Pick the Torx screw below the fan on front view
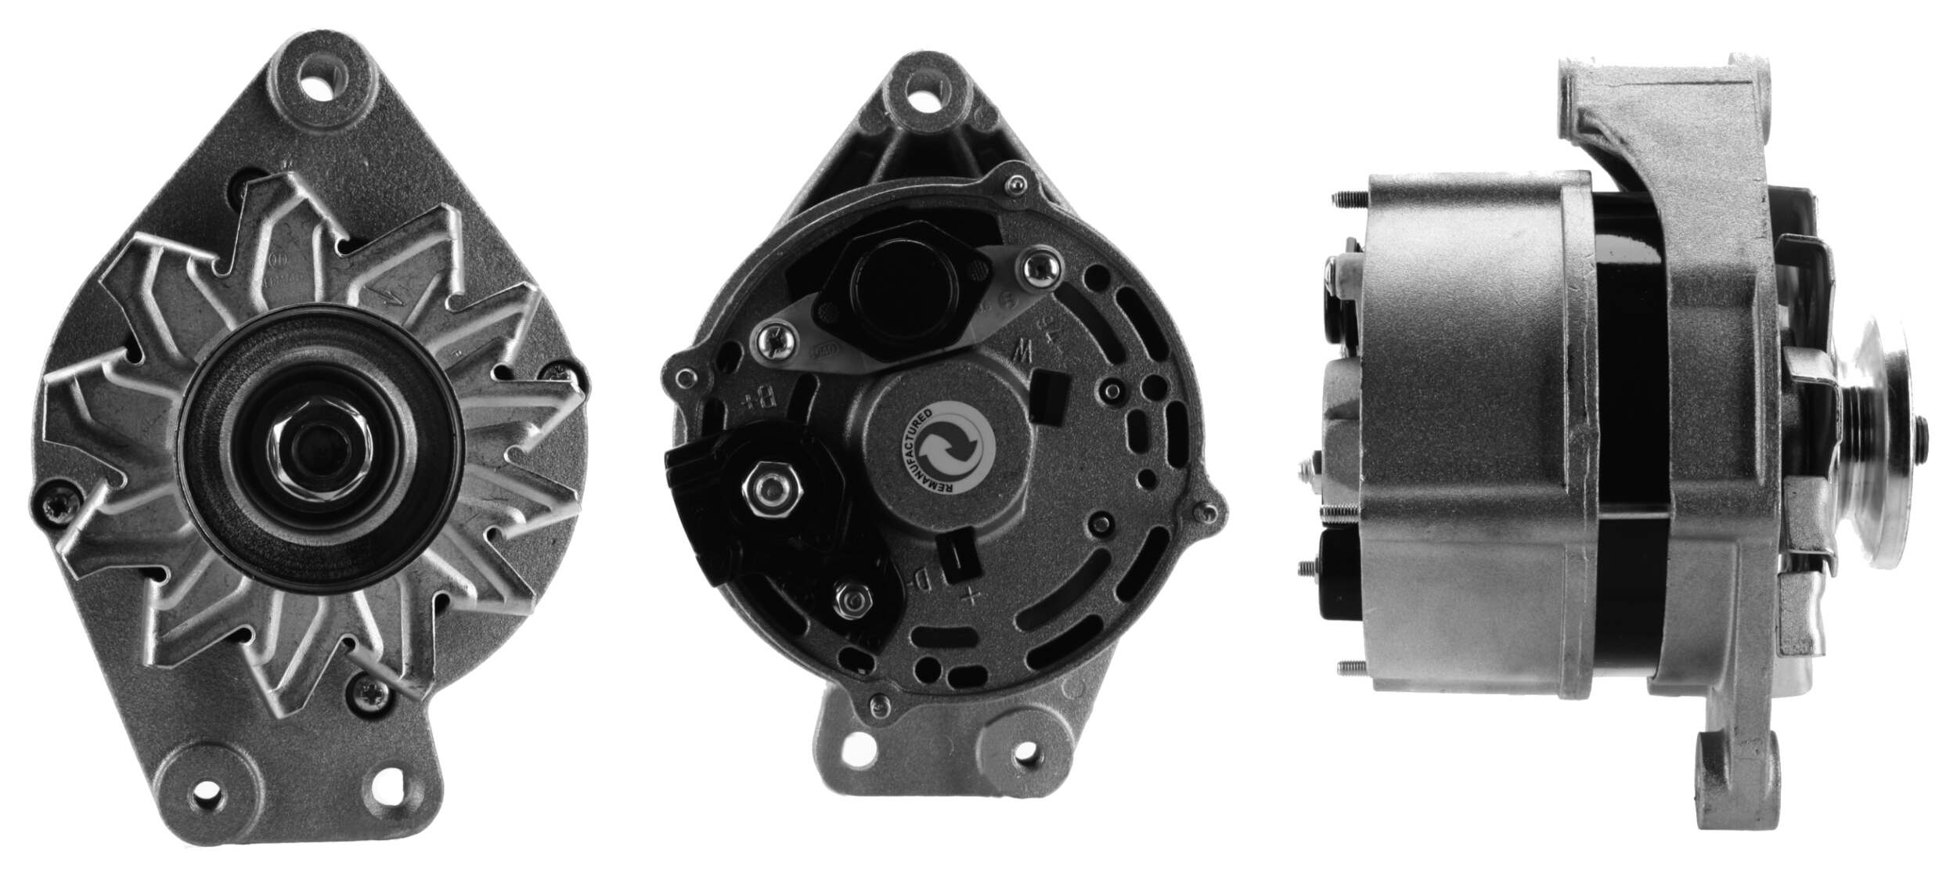(x=367, y=689)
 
